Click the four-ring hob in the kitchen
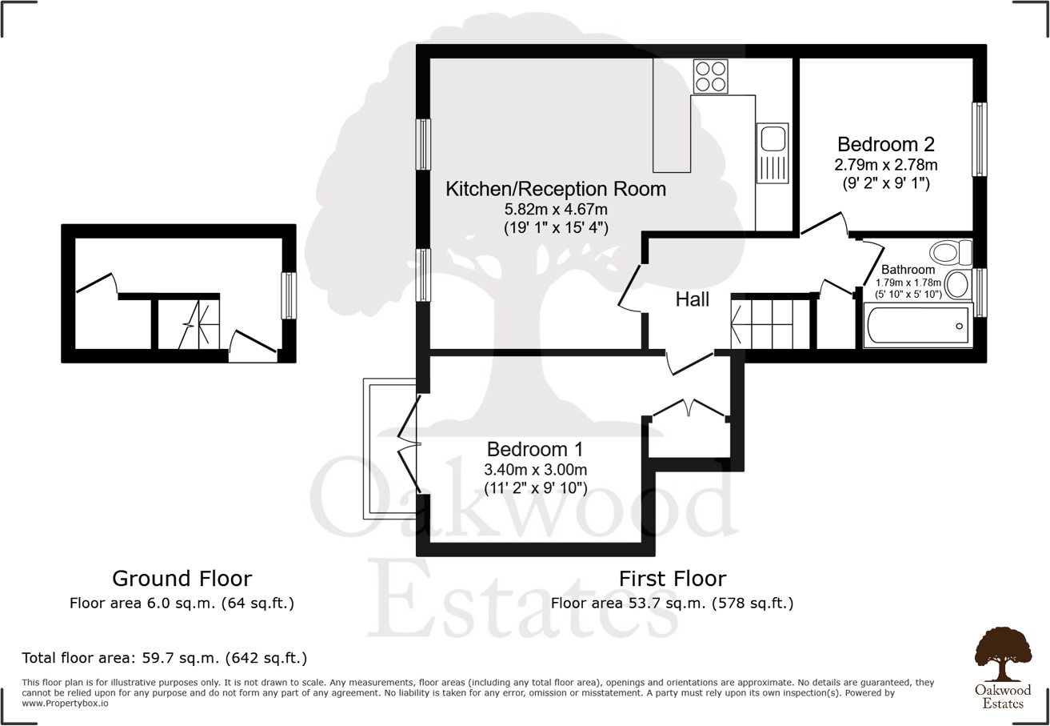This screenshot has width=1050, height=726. point(711,76)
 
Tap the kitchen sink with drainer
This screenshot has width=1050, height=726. point(773,152)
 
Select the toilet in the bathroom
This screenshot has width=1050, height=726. point(951,253)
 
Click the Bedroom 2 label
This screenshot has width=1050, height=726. point(885,145)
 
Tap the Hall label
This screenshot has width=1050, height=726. point(693,300)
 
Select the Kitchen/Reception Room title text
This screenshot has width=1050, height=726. point(556,190)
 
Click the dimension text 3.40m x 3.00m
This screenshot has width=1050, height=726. point(535,468)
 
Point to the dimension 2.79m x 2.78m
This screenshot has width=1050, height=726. point(885,165)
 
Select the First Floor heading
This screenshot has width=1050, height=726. point(672,578)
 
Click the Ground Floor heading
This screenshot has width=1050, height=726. point(182,578)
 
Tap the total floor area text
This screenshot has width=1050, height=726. point(165,659)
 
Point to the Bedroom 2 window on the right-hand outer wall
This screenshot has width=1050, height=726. point(979,138)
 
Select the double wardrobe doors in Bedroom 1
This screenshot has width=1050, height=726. point(689,408)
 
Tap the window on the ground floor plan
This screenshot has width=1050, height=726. point(289,295)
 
